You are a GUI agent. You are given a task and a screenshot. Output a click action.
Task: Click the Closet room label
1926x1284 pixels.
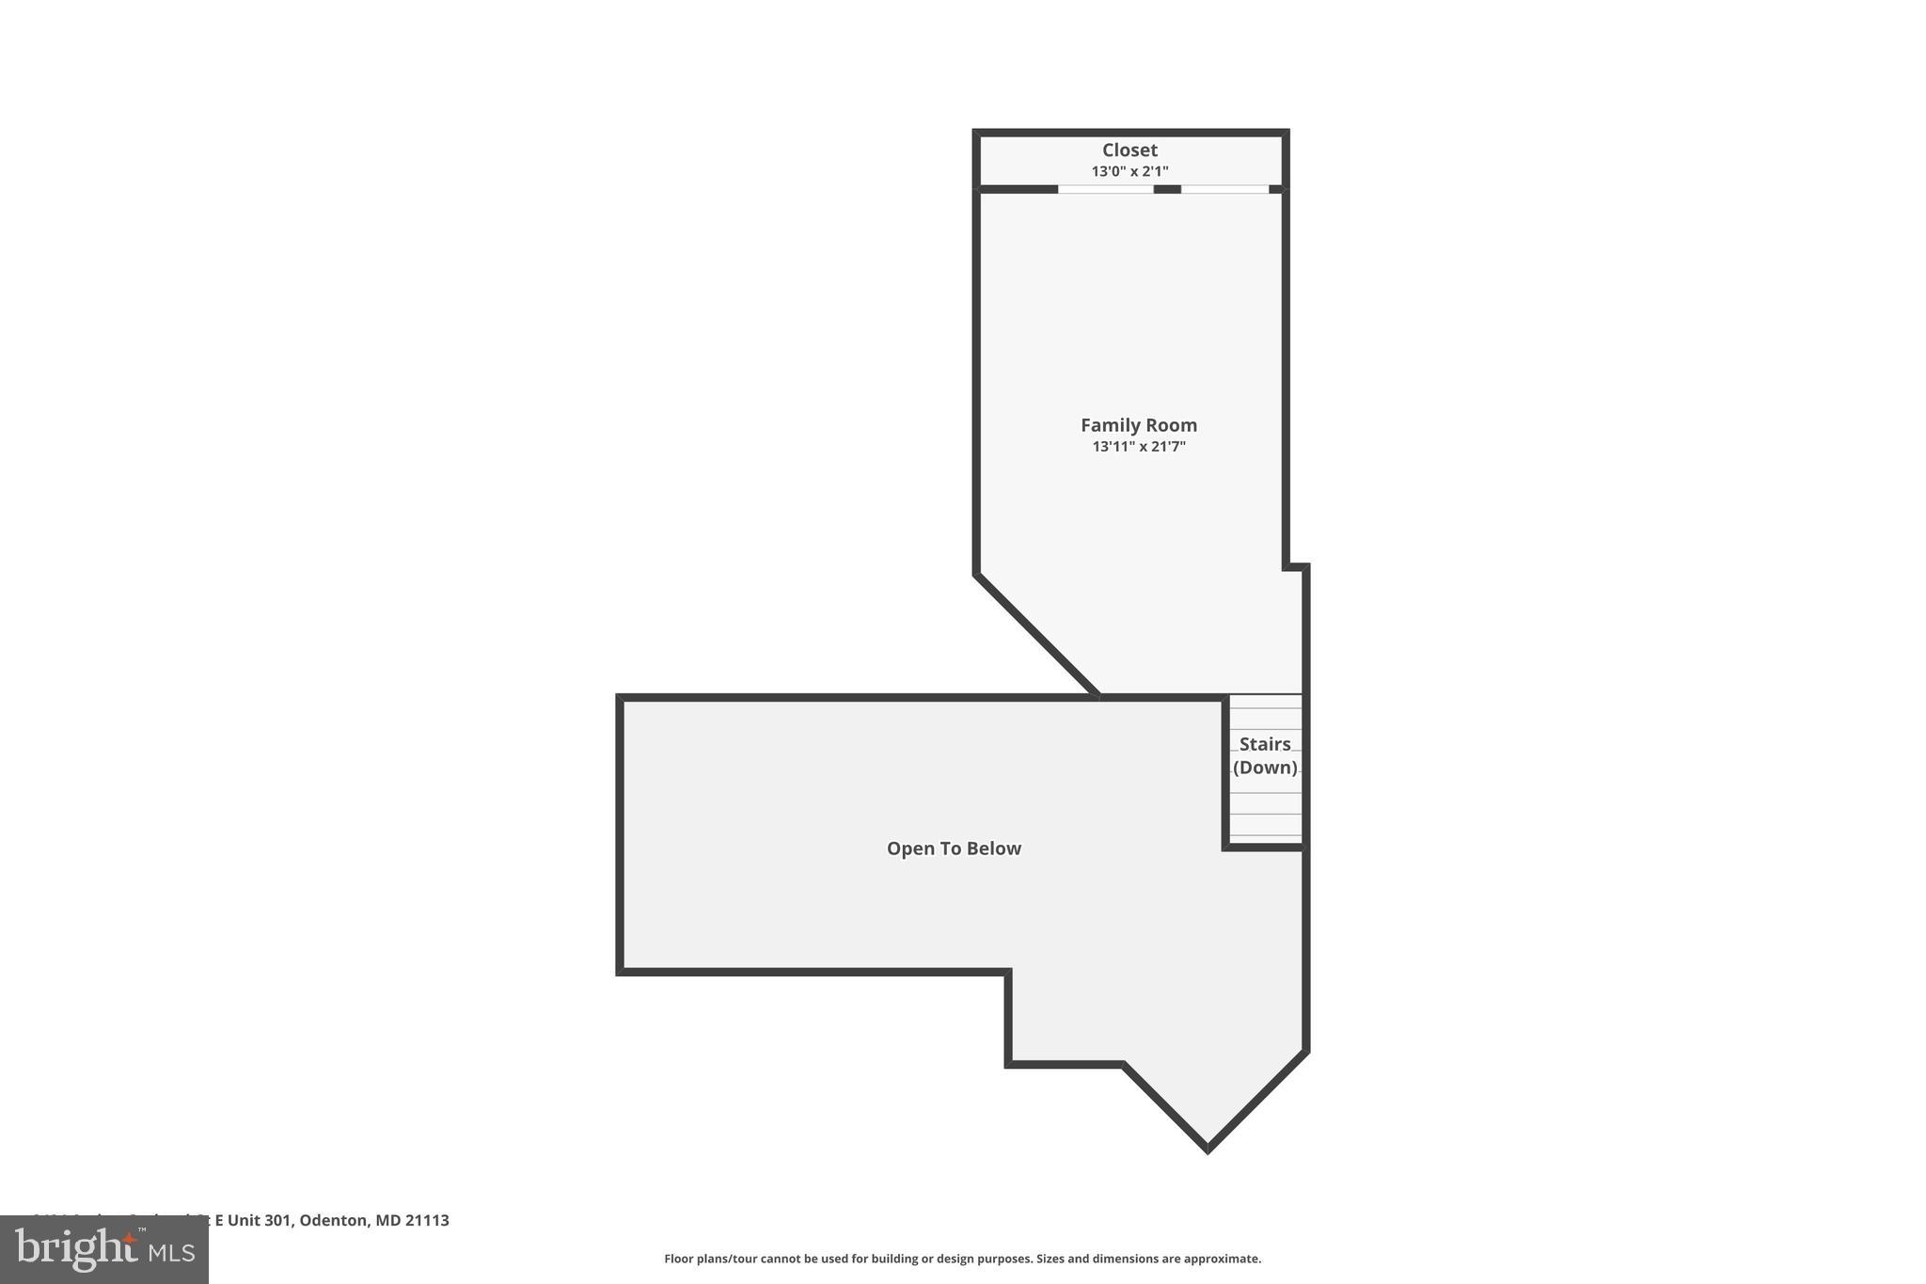(x=1129, y=151)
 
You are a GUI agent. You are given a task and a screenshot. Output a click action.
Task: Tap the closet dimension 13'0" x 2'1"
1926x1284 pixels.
(x=1129, y=171)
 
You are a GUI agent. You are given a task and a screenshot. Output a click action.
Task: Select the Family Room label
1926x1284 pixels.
(x=1138, y=425)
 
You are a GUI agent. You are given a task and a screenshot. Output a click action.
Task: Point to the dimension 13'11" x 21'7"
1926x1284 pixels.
(x=1138, y=447)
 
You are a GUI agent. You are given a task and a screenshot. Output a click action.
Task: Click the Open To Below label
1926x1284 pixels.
(x=954, y=848)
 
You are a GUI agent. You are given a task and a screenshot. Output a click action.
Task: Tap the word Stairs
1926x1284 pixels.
(x=1265, y=744)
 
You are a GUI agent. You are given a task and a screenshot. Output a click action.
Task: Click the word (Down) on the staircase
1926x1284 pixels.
(x=1265, y=768)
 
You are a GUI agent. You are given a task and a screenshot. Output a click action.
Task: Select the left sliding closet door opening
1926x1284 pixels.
(x=1106, y=189)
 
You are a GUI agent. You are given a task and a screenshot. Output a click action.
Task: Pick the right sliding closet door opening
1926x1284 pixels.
(x=1224, y=189)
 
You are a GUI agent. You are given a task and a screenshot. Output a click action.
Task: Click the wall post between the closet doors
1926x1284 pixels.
(x=1167, y=189)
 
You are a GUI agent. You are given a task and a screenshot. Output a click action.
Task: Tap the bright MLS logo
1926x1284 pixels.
(x=104, y=1249)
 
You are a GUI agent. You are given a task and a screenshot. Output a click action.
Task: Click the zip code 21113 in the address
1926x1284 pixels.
(x=428, y=1220)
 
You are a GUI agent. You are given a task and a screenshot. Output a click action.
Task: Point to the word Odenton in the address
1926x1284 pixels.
(x=333, y=1220)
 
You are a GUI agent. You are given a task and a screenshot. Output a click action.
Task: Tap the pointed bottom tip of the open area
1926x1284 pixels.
(x=1208, y=1148)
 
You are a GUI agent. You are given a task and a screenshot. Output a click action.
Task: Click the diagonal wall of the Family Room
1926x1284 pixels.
(x=1037, y=635)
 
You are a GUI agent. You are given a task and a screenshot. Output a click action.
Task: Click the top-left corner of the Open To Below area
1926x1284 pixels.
(x=621, y=699)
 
